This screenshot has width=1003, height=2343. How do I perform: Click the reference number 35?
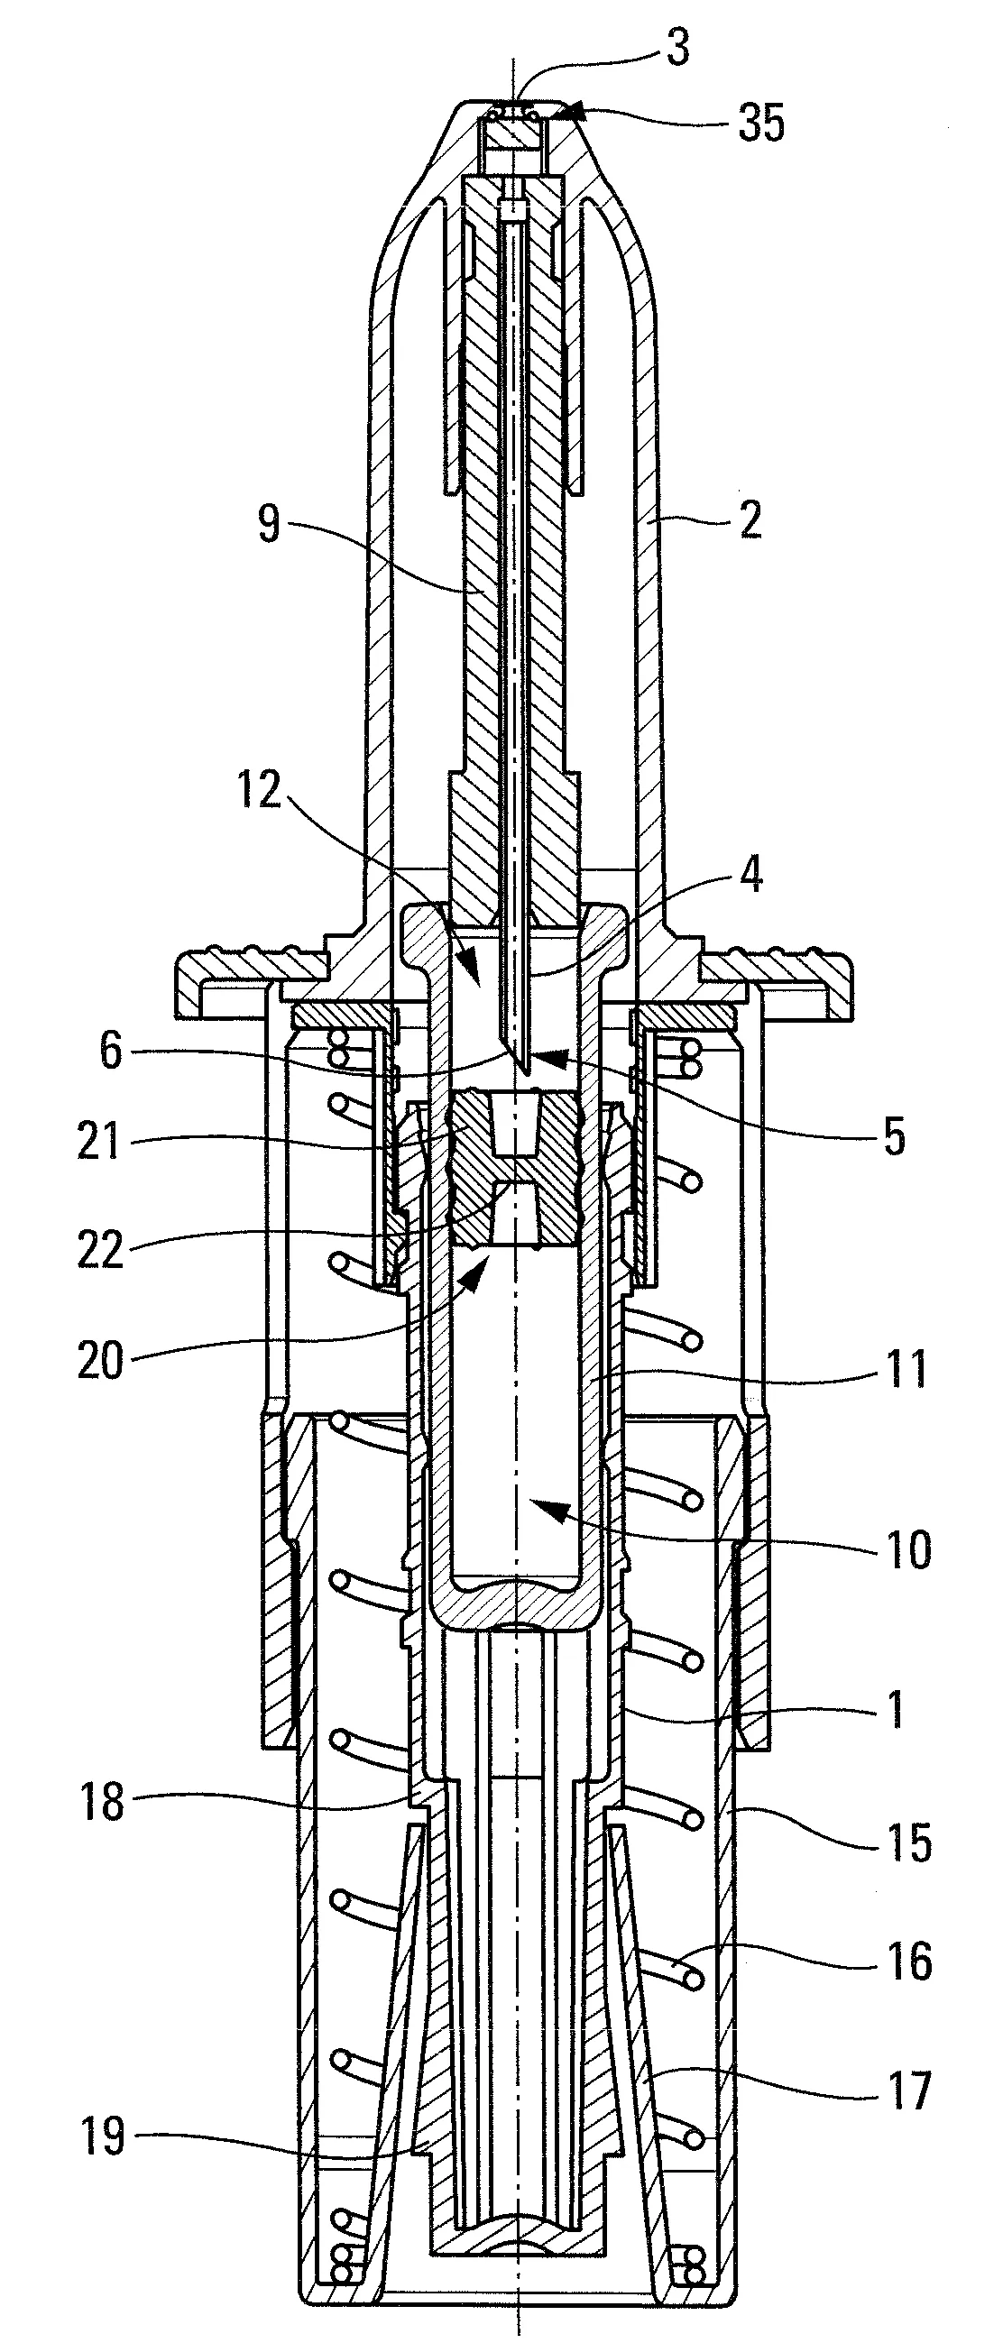point(761,123)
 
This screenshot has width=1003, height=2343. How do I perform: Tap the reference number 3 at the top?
point(678,48)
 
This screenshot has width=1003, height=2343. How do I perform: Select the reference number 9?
point(269,527)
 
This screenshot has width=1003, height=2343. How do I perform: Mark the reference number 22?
point(100,1251)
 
